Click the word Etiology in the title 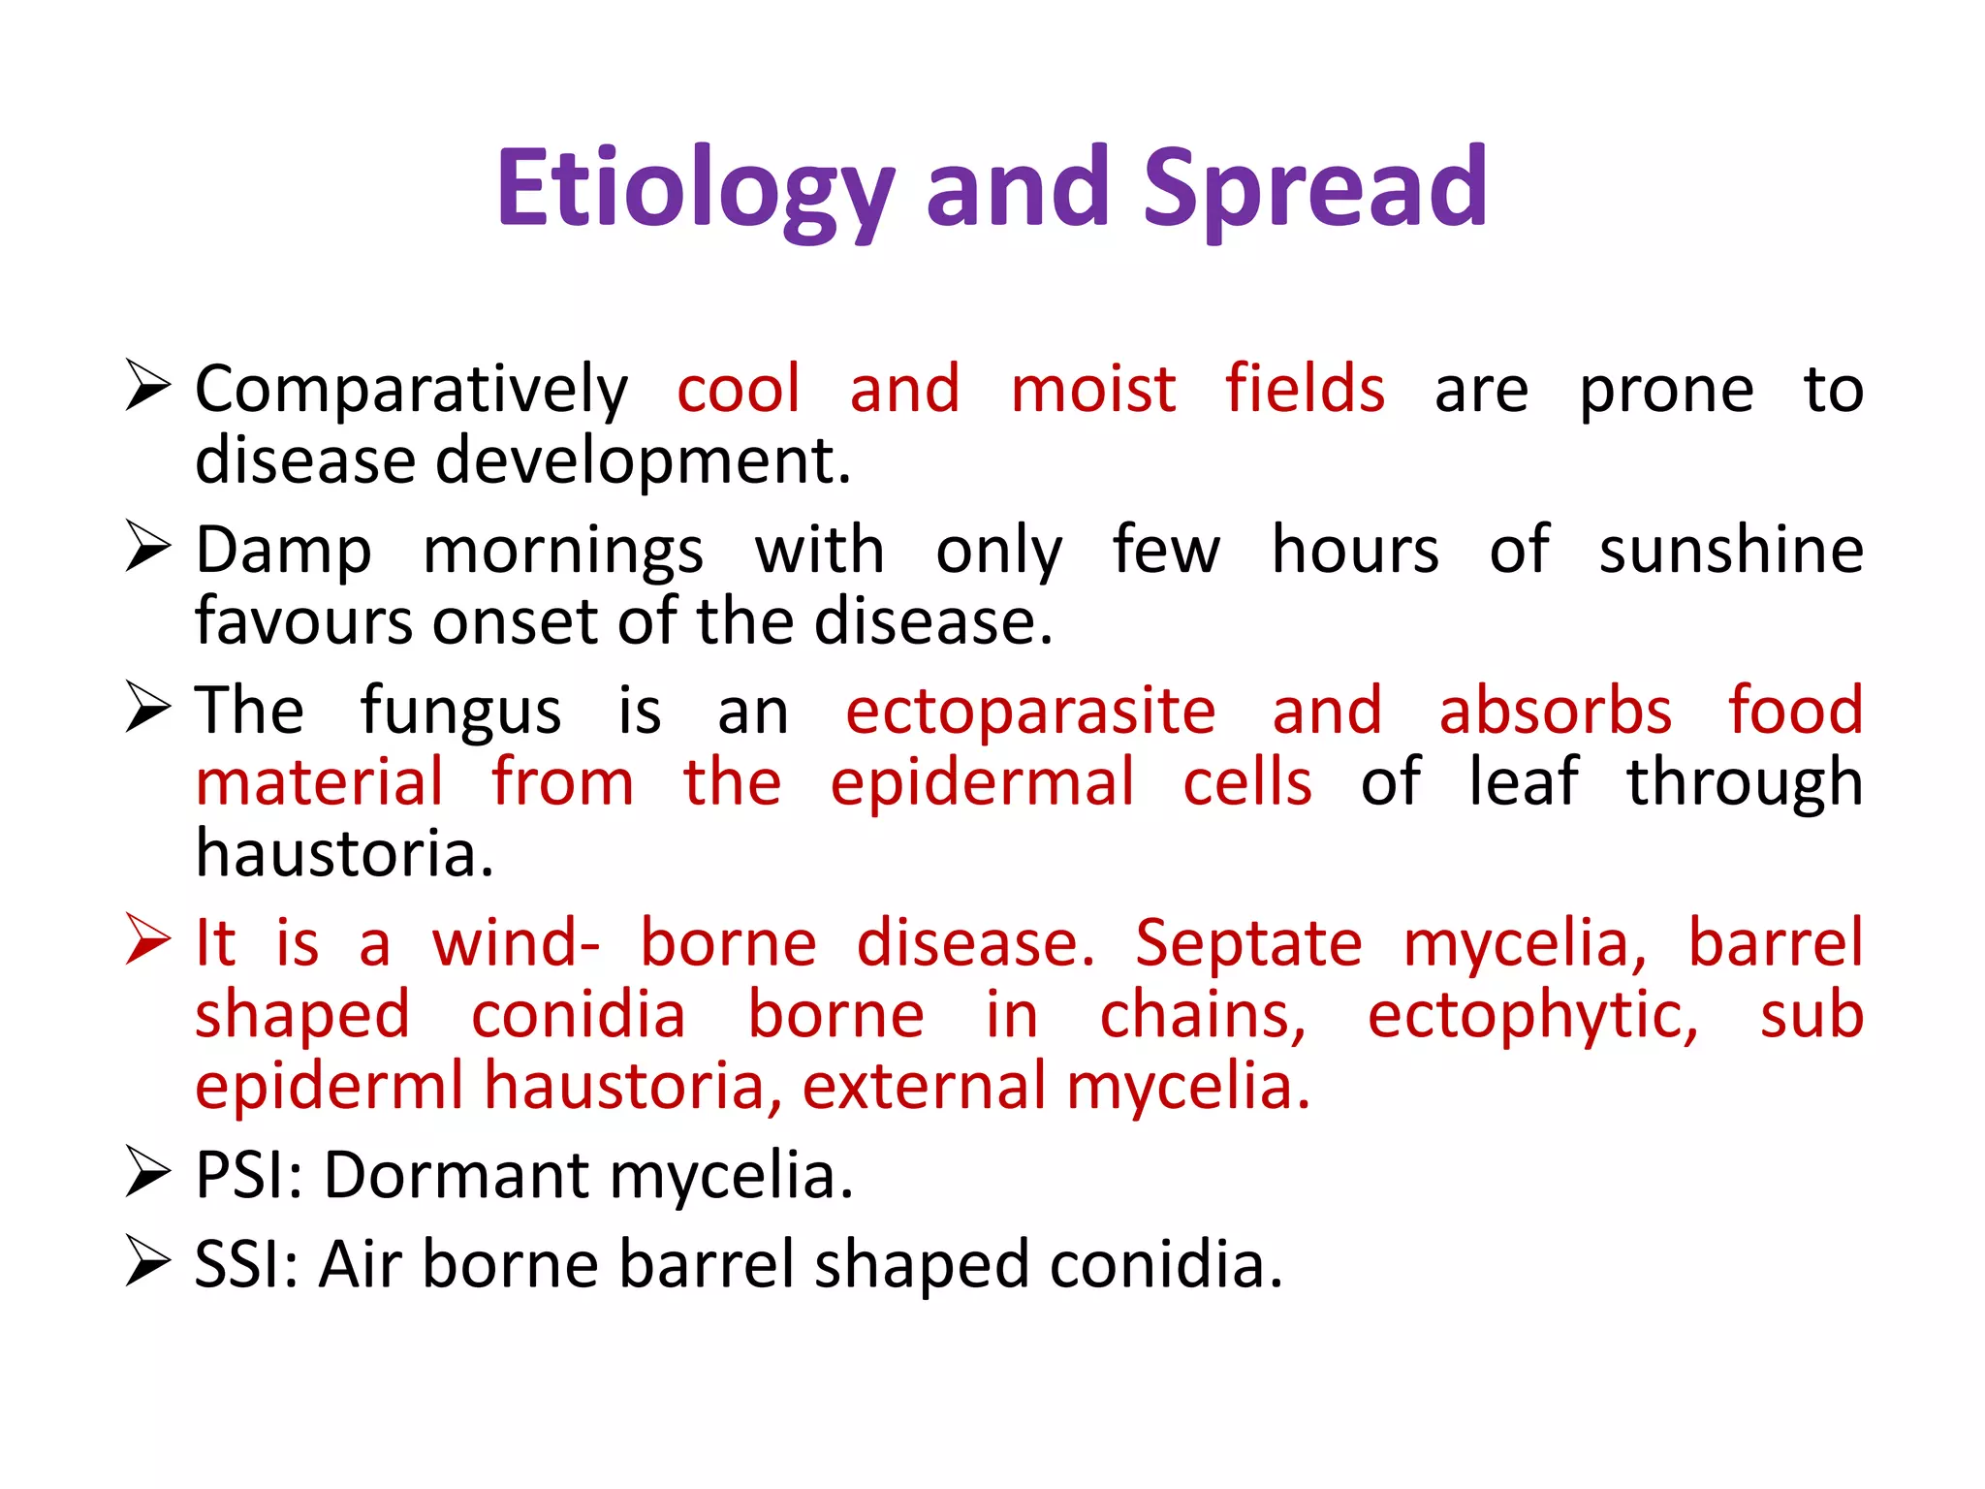693,189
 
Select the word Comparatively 411,391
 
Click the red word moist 1092,389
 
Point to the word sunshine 1730,551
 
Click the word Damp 283,551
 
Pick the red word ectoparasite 1030,712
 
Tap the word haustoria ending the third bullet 344,854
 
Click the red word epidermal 981,783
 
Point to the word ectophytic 1532,1016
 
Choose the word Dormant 456,1176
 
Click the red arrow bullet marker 147,940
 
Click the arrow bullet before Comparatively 147,386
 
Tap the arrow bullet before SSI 147,1262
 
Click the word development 643,460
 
